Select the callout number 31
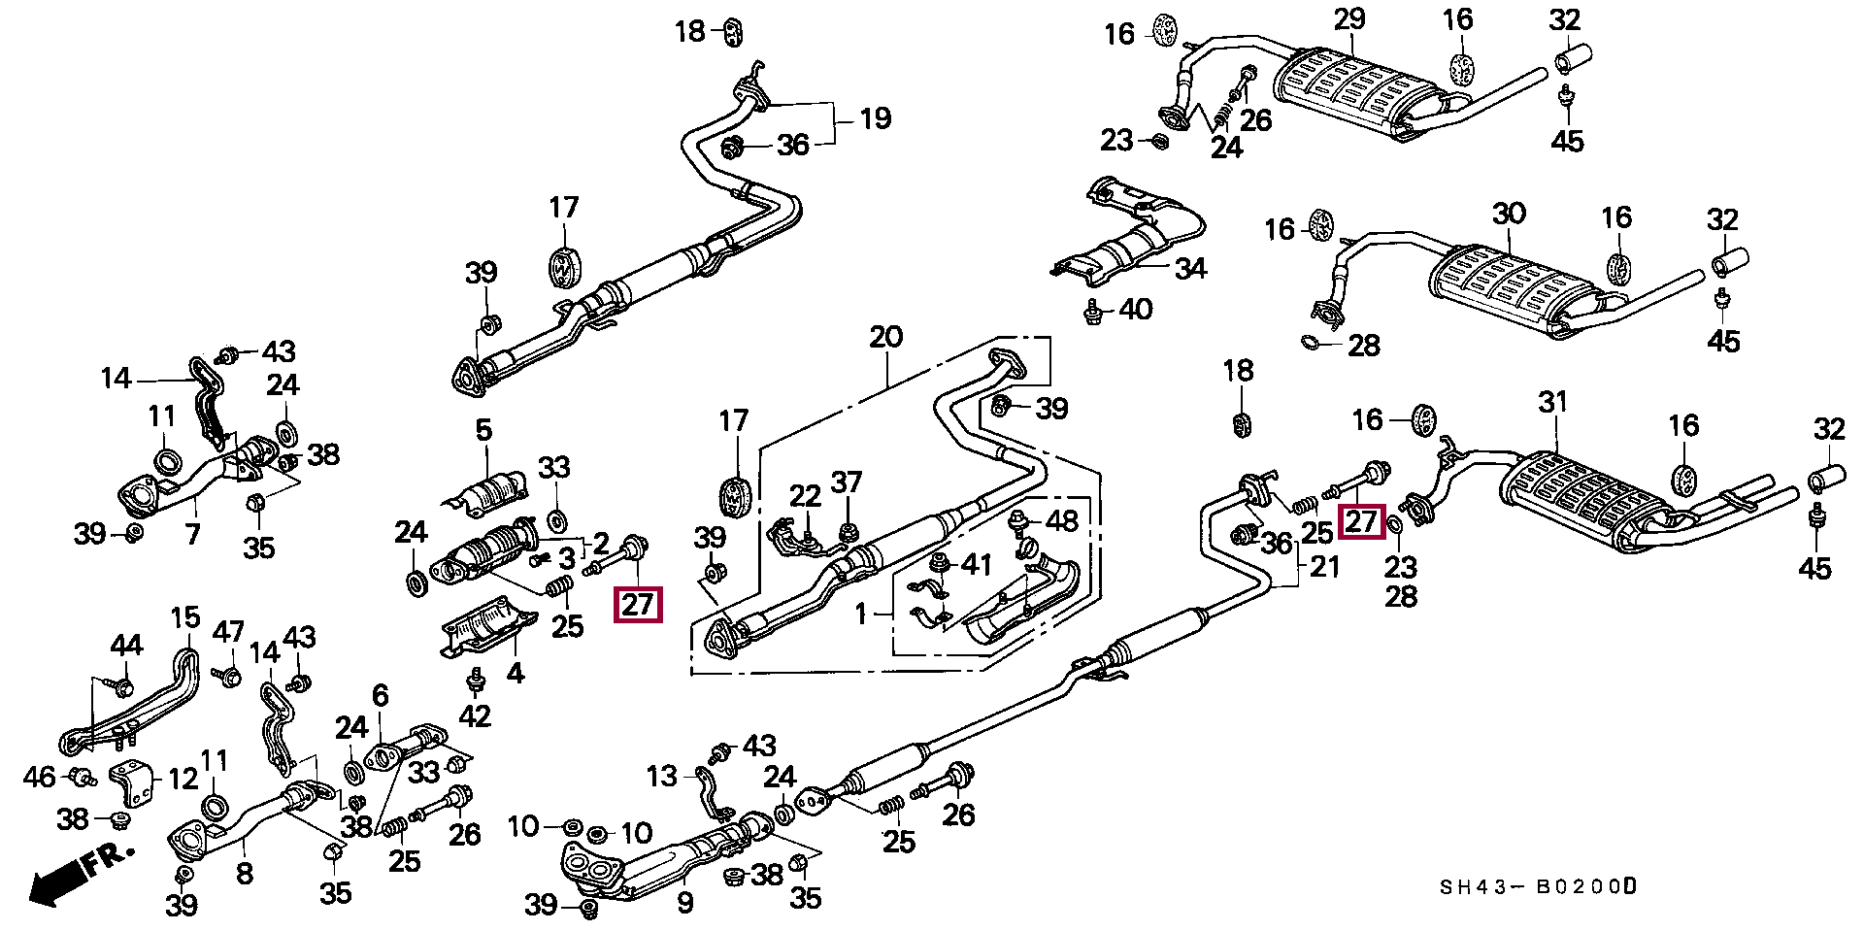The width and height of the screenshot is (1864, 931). pos(1553,401)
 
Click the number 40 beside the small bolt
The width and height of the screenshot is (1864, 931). pos(1135,310)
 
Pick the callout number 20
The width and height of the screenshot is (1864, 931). pos(885,337)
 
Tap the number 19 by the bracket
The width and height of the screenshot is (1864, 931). pos(875,119)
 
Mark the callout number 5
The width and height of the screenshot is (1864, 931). pos(483,429)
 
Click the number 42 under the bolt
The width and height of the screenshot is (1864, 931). pos(474,716)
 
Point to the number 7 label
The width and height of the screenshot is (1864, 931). pos(192,533)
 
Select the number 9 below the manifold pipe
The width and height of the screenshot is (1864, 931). pos(685,904)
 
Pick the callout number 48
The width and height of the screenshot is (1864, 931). pos(1061,521)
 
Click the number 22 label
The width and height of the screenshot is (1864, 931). pos(805,496)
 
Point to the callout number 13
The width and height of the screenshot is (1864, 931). pos(661,777)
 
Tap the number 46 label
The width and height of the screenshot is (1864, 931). pos(40,777)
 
